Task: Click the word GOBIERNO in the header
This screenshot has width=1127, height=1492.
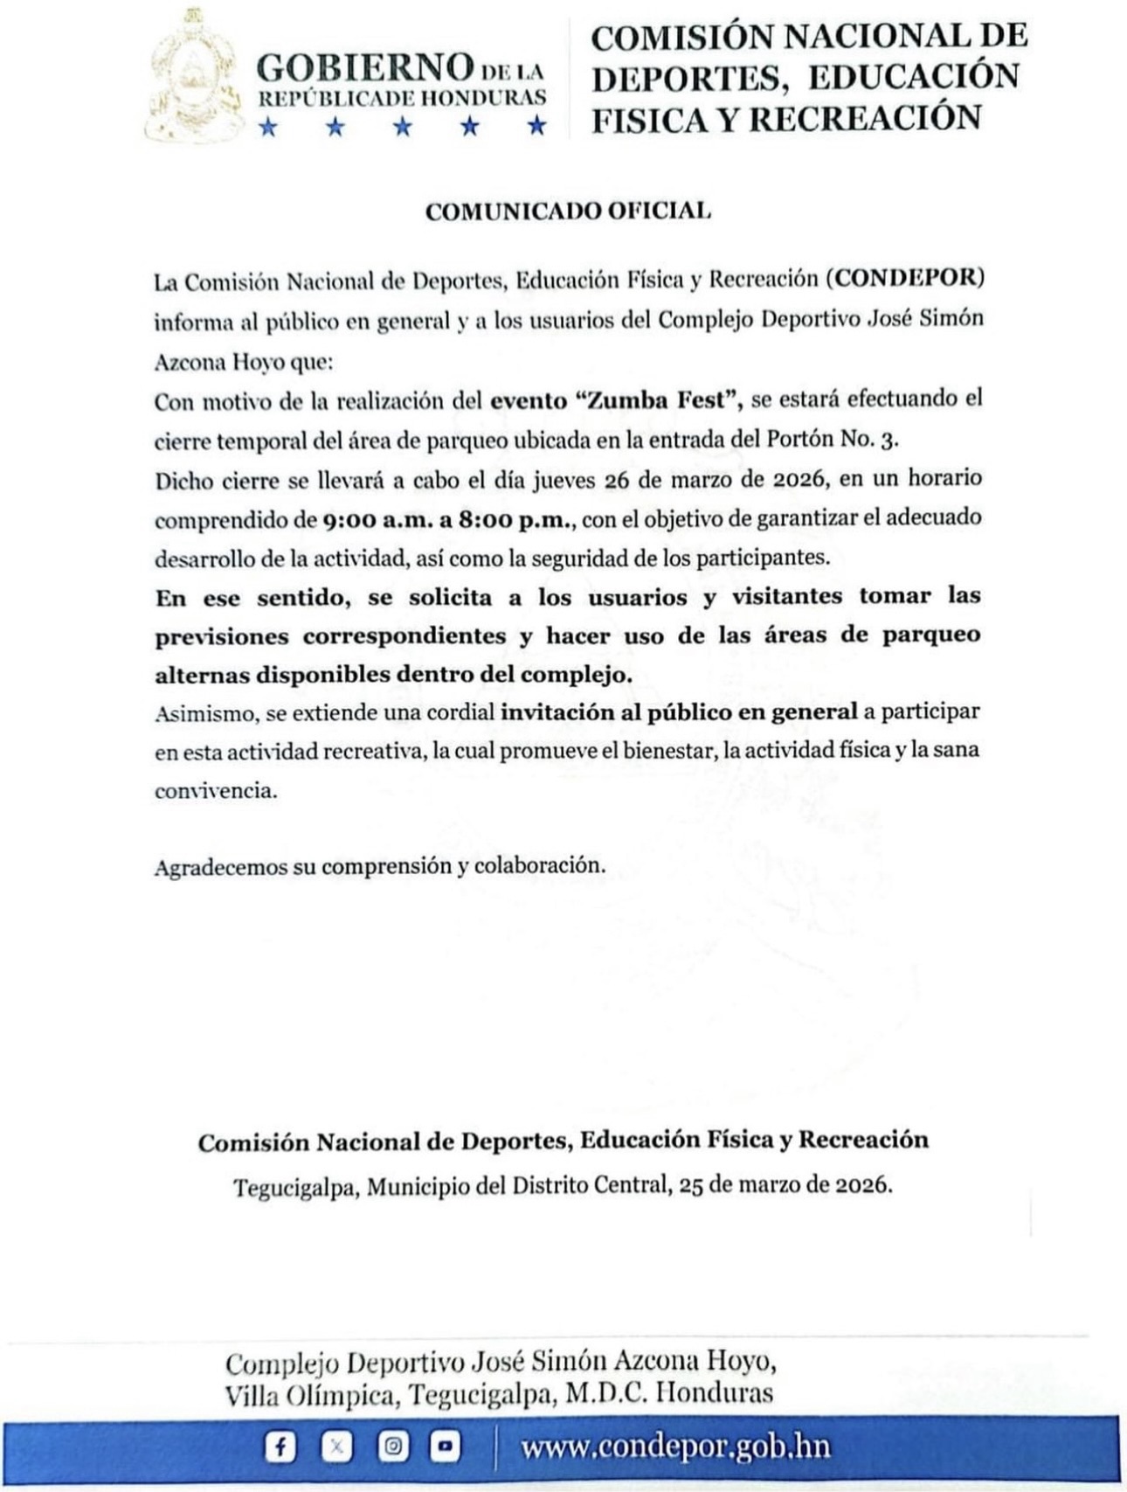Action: tap(363, 67)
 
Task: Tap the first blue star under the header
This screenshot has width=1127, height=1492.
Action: tap(268, 128)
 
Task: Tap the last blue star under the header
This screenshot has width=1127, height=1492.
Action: tap(537, 128)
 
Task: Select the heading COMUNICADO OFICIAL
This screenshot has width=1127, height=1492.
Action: tap(567, 212)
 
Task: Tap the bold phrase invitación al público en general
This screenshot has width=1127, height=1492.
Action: tap(678, 712)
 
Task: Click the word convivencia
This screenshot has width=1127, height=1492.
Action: tap(215, 791)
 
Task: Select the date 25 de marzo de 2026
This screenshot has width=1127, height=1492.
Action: tap(784, 1186)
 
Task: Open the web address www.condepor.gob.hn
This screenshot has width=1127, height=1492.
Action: tap(674, 1447)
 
